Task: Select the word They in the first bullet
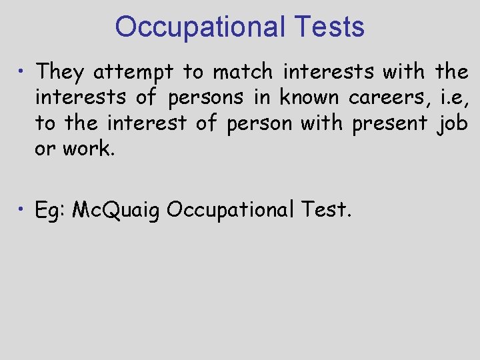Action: tap(61, 71)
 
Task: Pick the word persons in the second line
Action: tap(206, 97)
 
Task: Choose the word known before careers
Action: tap(310, 97)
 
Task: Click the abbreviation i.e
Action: tap(454, 97)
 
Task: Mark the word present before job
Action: tap(389, 124)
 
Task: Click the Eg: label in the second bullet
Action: tap(50, 210)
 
